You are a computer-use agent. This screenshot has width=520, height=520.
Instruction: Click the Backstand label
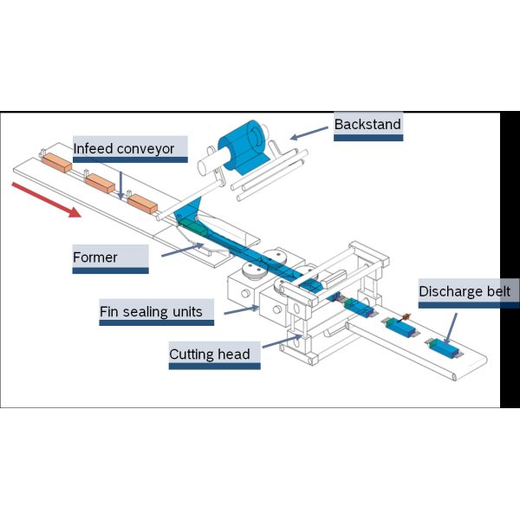(x=367, y=125)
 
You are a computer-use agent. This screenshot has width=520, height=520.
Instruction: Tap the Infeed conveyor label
(x=123, y=149)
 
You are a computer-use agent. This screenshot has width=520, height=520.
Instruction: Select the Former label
(x=95, y=257)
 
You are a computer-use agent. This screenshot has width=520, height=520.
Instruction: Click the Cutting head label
(x=210, y=354)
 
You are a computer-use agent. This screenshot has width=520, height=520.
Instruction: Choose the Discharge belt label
(x=469, y=291)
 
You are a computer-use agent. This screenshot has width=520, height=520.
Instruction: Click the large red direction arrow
(x=49, y=198)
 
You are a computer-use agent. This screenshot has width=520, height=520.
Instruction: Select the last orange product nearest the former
(x=141, y=204)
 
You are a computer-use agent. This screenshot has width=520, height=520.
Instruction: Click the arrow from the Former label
(x=181, y=250)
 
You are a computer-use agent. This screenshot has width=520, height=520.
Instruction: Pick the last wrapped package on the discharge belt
(x=443, y=348)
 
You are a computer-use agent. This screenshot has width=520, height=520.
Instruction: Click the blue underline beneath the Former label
(x=107, y=271)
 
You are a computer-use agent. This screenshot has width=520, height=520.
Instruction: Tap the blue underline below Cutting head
(x=214, y=367)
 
